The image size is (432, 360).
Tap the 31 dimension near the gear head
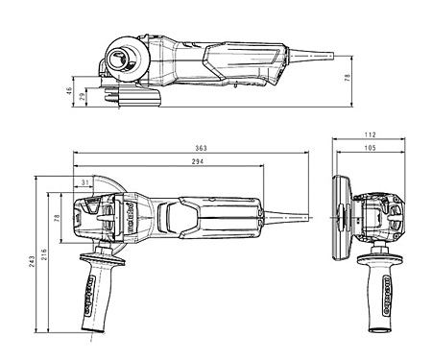tap(85, 182)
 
